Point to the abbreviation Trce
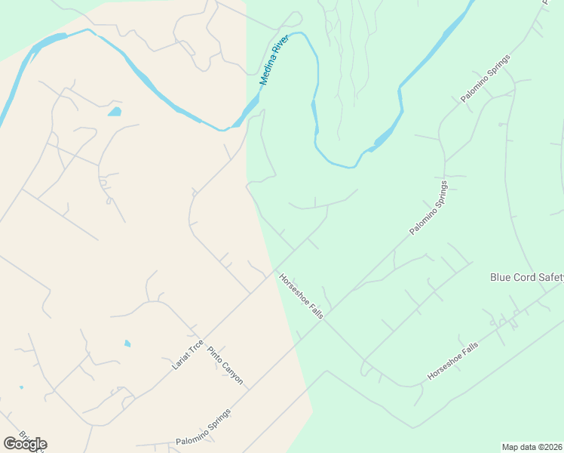pos(196,344)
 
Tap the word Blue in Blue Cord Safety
pos(501,277)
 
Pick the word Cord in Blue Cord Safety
pos(526,277)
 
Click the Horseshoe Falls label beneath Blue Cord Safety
pos(452,360)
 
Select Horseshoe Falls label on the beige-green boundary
pos(301,295)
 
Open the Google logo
pos(25,444)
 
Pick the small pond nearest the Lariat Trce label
pos(127,344)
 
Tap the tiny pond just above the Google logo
pos(21,387)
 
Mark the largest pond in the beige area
pos(115,112)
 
